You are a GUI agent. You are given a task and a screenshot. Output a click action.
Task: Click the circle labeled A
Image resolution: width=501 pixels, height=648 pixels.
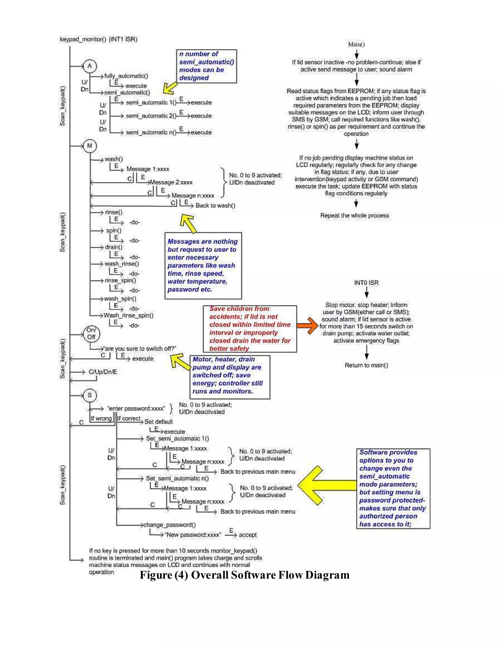90,66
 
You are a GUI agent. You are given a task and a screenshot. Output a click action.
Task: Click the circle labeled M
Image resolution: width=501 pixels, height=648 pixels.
90,146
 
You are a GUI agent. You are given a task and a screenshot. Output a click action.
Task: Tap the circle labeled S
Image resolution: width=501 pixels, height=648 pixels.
90,395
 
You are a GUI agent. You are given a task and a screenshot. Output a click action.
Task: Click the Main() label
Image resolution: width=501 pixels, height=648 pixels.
356,45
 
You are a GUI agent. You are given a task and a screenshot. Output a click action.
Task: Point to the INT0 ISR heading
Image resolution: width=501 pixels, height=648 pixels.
366,283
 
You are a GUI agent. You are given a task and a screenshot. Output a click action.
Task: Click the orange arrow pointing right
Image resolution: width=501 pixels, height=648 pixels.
307,325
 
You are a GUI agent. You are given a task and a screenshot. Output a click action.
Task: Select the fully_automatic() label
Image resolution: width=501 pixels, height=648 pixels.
126,76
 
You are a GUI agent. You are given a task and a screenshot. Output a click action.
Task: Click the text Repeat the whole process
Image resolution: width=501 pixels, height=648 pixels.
354,216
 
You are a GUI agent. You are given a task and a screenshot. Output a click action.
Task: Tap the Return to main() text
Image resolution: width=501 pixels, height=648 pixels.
366,365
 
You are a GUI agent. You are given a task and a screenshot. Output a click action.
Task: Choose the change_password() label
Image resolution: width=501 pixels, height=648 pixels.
170,525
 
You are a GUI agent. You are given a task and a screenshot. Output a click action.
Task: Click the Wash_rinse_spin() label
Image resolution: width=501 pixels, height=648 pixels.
128,315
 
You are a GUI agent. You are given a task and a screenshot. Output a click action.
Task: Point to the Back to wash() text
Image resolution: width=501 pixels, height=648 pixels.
215,206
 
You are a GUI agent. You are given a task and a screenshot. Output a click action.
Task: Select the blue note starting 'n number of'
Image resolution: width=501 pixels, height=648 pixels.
206,66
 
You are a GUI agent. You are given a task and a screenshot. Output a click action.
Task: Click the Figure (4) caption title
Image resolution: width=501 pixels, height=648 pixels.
245,575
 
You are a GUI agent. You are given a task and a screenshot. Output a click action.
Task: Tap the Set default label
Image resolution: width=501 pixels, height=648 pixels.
159,422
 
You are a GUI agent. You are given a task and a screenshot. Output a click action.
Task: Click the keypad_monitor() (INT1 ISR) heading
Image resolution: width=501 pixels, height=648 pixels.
99,39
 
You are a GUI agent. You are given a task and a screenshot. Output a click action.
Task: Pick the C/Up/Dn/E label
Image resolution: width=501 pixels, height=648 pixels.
103,372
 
